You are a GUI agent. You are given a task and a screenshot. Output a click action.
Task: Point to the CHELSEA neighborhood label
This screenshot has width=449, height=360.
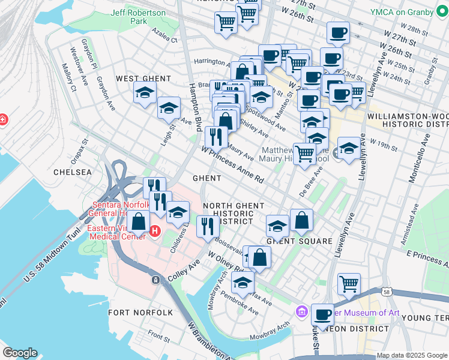pyautogui.click(x=73, y=172)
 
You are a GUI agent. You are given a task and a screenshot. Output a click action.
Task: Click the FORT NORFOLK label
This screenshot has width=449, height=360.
pyautogui.click(x=140, y=313)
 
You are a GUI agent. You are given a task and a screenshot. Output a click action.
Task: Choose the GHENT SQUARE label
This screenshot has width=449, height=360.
pyautogui.click(x=300, y=241)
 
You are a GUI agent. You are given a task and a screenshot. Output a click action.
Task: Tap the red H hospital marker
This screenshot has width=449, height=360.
pyautogui.click(x=155, y=231)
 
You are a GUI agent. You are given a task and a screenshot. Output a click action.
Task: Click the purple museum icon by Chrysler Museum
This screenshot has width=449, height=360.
pyautogui.click(x=302, y=312)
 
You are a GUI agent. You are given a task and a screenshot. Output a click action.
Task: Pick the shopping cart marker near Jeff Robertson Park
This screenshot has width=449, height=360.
pyautogui.click(x=226, y=23)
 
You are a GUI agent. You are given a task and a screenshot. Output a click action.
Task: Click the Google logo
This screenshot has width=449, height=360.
pyautogui.click(x=20, y=353)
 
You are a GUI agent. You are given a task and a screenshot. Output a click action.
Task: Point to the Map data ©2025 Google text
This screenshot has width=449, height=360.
pyautogui.click(x=411, y=355)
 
